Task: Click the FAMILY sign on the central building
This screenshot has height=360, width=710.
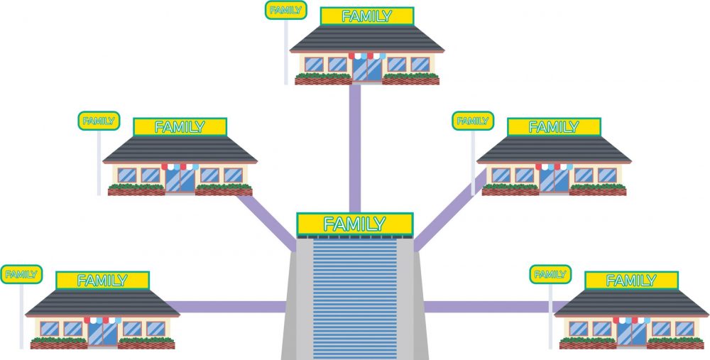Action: coord(354,224)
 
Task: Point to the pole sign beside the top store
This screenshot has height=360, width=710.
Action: coord(285,11)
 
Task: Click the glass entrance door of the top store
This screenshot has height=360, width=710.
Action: coord(366,68)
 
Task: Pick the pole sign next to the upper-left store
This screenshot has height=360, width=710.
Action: coord(98,121)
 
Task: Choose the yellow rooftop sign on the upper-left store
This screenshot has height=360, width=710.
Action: coord(180,127)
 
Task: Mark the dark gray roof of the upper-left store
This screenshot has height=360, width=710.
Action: coord(180,149)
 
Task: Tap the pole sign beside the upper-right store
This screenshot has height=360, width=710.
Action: coord(472,121)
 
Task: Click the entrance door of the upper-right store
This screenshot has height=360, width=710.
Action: coord(553,179)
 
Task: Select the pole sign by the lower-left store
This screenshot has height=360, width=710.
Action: coord(21,274)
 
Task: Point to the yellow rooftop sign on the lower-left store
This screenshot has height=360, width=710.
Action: coord(102,280)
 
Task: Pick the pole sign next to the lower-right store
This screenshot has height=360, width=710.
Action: coord(550,274)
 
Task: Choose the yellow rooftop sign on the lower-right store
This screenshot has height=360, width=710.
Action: coord(630,280)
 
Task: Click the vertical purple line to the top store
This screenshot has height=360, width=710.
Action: coord(354,149)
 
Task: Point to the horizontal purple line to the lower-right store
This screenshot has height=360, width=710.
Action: coord(490,307)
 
